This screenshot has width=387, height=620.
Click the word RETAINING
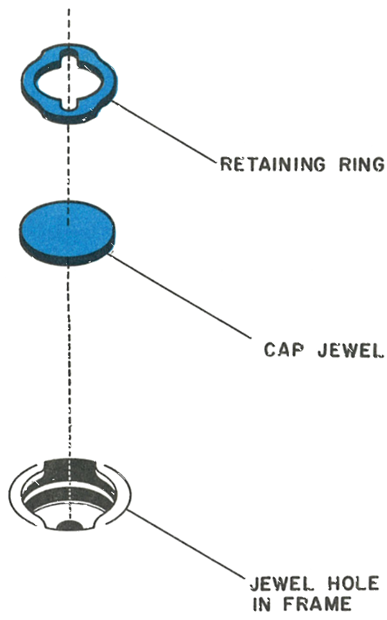click(273, 164)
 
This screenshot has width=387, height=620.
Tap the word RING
click(361, 164)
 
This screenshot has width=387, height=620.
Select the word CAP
click(284, 350)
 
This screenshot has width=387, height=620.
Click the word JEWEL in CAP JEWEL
click(351, 350)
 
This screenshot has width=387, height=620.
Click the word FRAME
click(317, 604)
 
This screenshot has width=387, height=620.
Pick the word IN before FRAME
click(262, 604)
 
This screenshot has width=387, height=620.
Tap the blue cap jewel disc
click(67, 228)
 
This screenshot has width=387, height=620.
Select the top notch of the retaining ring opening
click(69, 55)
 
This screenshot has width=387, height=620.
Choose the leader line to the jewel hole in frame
click(186, 544)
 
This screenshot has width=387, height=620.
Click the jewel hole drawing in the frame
click(70, 494)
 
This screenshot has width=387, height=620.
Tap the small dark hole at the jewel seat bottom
click(69, 524)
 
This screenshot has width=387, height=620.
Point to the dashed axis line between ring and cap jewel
click(68, 162)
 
